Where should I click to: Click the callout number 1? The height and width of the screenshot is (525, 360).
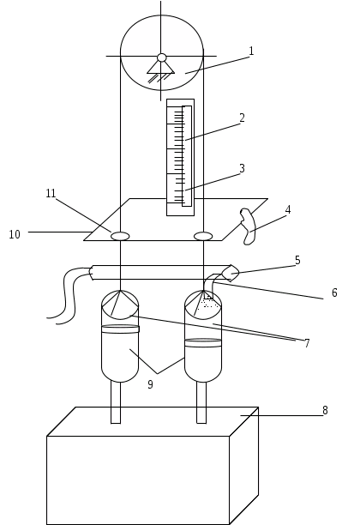[x=251, y=51]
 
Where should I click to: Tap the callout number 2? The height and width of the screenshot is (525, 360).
[x=243, y=118]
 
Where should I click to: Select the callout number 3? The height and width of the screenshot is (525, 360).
[x=243, y=168]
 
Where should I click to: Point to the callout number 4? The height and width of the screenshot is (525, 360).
[x=288, y=210]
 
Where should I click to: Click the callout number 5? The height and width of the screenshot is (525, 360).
[x=297, y=260]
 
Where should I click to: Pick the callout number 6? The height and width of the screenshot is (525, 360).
[x=334, y=293]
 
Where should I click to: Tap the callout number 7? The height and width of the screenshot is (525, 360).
[x=307, y=343]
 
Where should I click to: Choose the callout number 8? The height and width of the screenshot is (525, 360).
[x=325, y=410]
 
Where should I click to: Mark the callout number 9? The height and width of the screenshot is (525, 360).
[x=150, y=384]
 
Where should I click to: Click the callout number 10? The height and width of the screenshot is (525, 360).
[x=15, y=234]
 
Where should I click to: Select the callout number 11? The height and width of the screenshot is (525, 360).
[x=51, y=193]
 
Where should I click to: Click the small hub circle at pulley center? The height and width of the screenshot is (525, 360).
[x=162, y=57]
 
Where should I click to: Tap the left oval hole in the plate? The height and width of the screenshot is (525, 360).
[x=120, y=237]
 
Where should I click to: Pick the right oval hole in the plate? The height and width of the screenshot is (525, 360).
[x=203, y=237]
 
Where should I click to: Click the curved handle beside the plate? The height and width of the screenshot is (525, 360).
[x=249, y=226]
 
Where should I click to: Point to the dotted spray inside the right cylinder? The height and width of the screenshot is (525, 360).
[x=209, y=303]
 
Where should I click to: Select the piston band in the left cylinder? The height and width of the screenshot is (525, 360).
[x=120, y=329]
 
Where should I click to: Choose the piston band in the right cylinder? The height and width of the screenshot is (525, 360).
[x=203, y=343]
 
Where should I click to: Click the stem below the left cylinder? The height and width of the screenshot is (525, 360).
[x=116, y=402]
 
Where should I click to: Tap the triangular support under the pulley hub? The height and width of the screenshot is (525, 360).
[x=161, y=67]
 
